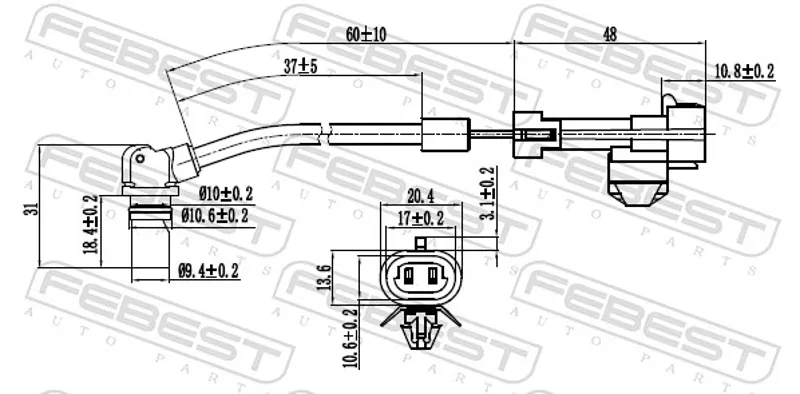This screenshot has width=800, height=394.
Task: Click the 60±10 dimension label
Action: [x=366, y=34]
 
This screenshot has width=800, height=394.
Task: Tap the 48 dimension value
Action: [x=610, y=34]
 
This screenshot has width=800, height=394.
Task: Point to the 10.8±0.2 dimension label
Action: [x=744, y=71]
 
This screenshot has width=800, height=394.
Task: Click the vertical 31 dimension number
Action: [x=33, y=209]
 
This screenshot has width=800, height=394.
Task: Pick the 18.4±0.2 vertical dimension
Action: [x=92, y=225]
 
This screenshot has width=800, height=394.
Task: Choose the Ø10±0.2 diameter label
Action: [x=226, y=193]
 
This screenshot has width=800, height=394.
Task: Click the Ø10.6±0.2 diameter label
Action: [x=215, y=216]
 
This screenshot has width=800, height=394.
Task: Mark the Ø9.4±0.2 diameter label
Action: [x=208, y=270]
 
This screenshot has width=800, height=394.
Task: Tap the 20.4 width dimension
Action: [x=420, y=196]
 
